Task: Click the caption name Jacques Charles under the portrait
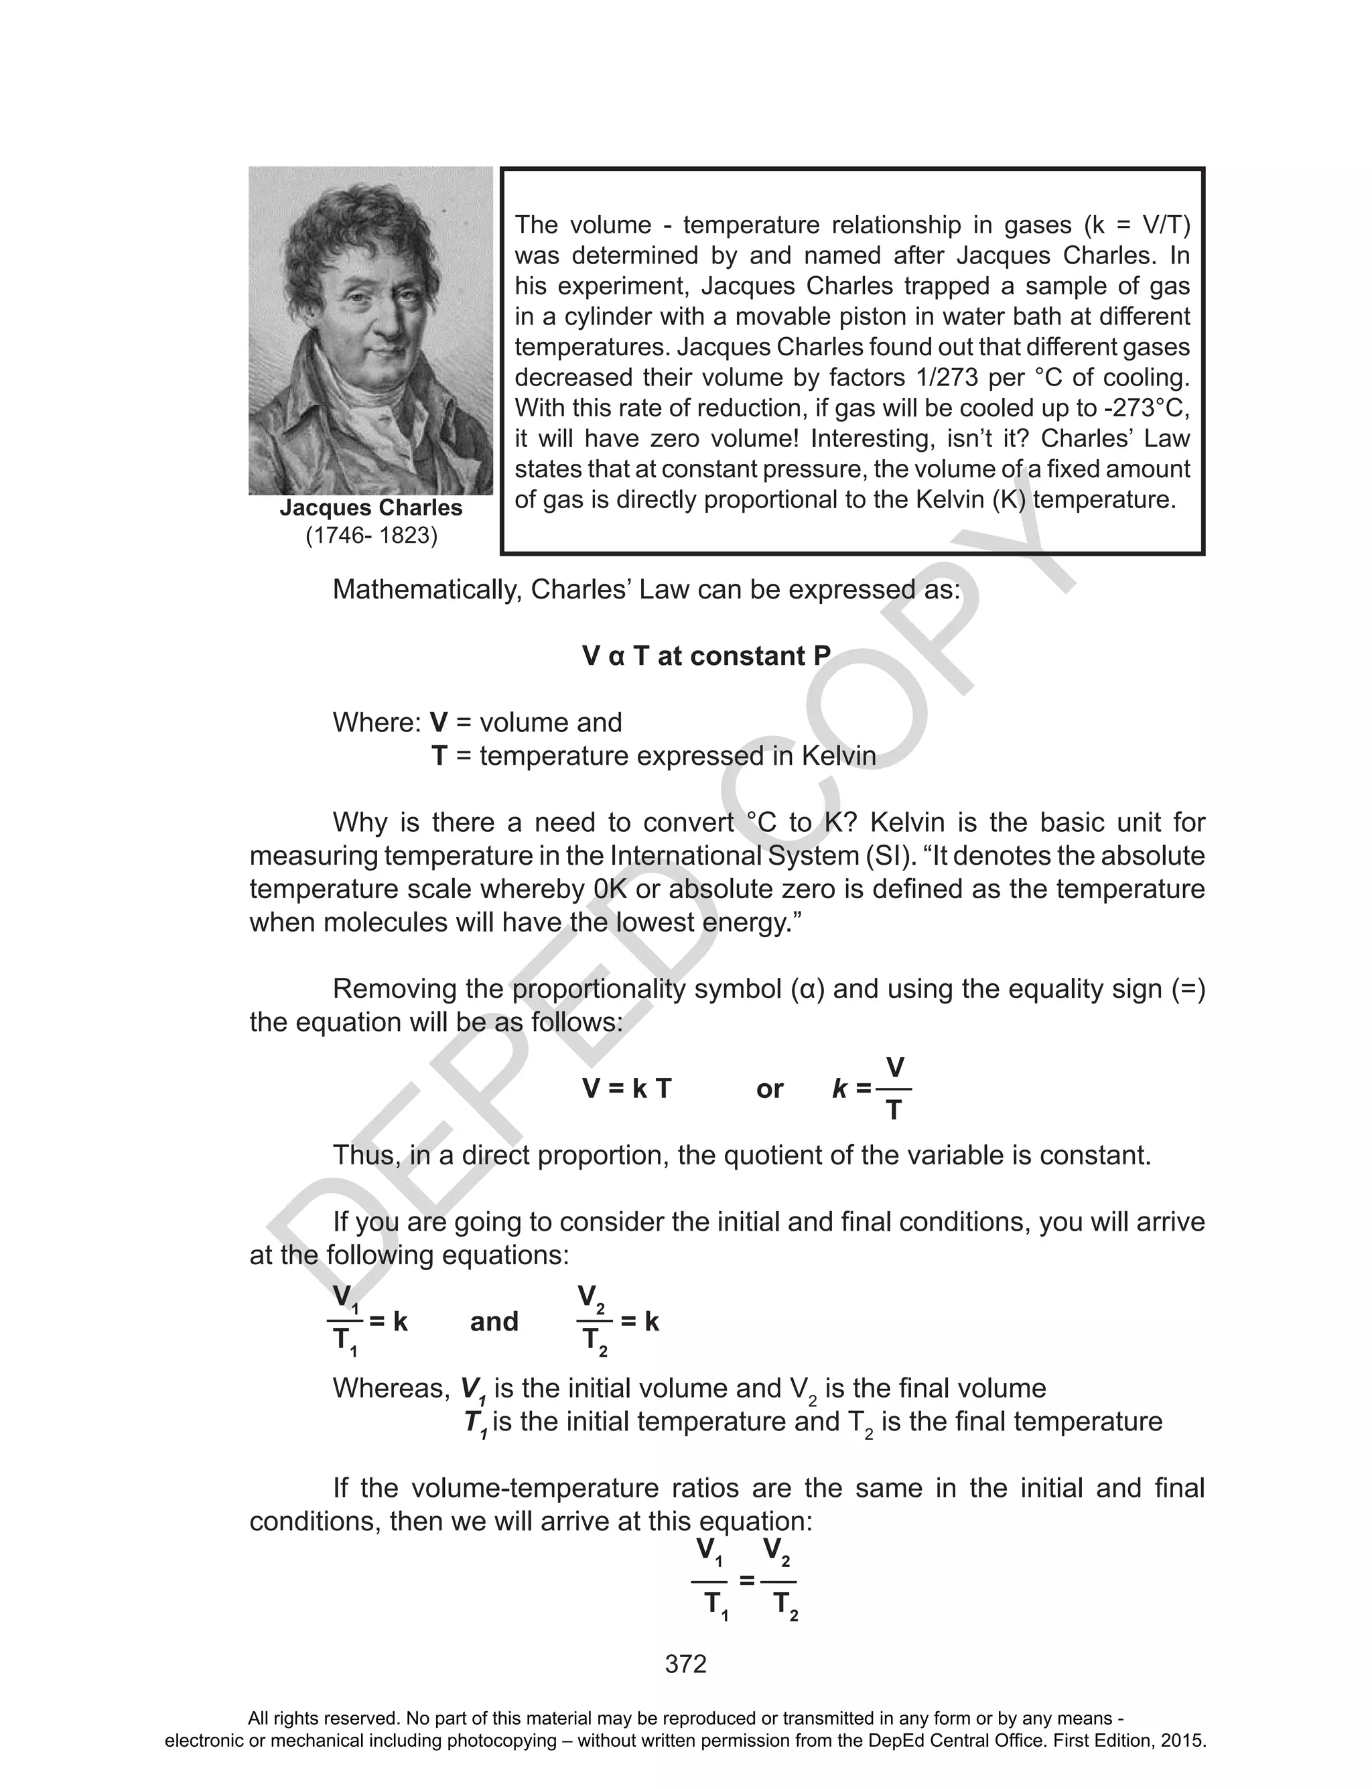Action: [x=370, y=507]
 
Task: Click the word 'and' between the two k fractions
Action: [x=494, y=1321]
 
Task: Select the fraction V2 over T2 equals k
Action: [x=616, y=1322]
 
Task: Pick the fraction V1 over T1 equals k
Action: [x=368, y=1322]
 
